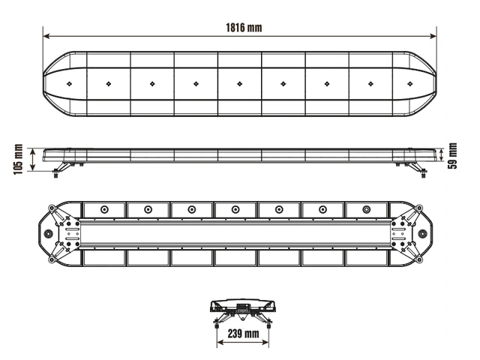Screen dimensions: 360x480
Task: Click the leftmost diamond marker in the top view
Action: pyautogui.click(x=68, y=83)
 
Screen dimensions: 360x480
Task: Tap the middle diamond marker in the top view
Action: pyautogui.click(x=240, y=83)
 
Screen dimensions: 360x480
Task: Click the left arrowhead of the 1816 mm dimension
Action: pyautogui.click(x=46, y=35)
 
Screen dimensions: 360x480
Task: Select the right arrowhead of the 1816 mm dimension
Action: pyautogui.click(x=435, y=35)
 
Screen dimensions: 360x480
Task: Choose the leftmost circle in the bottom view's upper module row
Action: pyautogui.click(x=104, y=209)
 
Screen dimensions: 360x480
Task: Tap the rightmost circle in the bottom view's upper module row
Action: pyautogui.click(x=366, y=209)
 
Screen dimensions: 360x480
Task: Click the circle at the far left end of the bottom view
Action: pyautogui.click(x=49, y=234)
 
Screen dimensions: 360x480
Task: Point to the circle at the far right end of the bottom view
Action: pyautogui.click(x=432, y=234)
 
